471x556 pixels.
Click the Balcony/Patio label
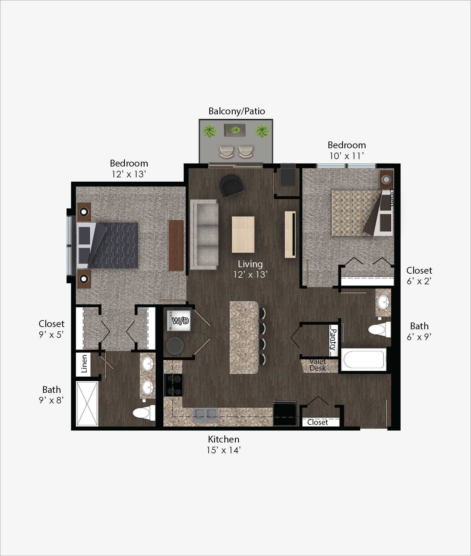pos(237,111)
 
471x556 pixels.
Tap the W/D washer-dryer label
pos(180,321)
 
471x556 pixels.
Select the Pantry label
pos(333,339)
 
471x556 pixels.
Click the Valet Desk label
pos(318,365)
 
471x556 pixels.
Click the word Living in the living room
pos(250,264)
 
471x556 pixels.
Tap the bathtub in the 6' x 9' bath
pos(364,360)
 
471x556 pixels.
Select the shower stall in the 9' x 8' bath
pos(87,404)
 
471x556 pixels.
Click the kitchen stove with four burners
pos(173,385)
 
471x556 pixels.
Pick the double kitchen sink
pos(205,415)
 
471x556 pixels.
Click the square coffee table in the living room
pos(243,235)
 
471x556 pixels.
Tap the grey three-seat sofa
pos(204,234)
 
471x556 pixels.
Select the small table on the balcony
pos(235,130)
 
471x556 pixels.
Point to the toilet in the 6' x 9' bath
pos(379,330)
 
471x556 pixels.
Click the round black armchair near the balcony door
pos(232,185)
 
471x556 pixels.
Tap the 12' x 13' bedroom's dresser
pos(176,245)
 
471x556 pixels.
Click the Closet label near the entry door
pos(318,422)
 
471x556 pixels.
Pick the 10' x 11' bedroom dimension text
pos(347,156)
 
